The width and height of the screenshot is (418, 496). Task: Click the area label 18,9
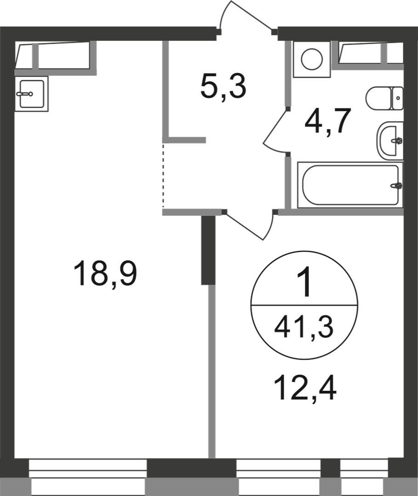pyautogui.click(x=105, y=274)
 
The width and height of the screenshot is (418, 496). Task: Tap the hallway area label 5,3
pyautogui.click(x=223, y=88)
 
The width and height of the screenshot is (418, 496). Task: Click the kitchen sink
pyautogui.click(x=31, y=94)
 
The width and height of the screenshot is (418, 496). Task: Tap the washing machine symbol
pyautogui.click(x=312, y=59)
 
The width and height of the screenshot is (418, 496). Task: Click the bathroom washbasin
pyautogui.click(x=390, y=141)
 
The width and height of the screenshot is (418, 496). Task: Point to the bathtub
pyautogui.click(x=350, y=185)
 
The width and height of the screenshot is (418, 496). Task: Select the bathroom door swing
pyautogui.click(x=272, y=130)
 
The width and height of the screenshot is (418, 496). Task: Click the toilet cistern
pyautogui.click(x=398, y=98)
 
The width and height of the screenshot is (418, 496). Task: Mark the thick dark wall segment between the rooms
pyautogui.click(x=208, y=250)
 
